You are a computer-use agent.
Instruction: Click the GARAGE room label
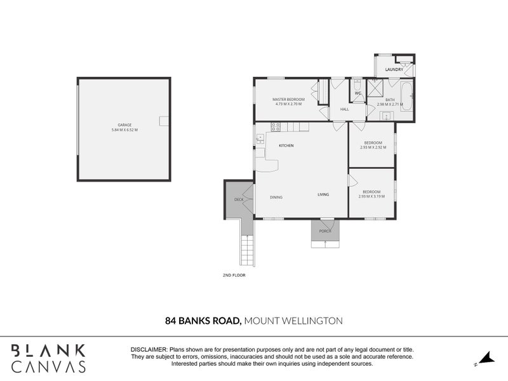pyautogui.click(x=124, y=125)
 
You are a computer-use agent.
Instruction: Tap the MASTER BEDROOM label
pyautogui.click(x=288, y=100)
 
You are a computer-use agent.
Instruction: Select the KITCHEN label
pyautogui.click(x=286, y=146)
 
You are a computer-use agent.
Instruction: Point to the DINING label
pyautogui.click(x=276, y=197)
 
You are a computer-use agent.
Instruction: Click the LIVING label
pyautogui.click(x=323, y=194)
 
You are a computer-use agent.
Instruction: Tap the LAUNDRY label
pyautogui.click(x=394, y=69)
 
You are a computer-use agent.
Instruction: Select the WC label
pyautogui.click(x=358, y=93)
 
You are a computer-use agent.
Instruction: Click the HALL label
pyautogui.click(x=345, y=109)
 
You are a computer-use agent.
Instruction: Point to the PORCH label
pyautogui.click(x=325, y=231)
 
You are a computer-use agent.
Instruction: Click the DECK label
pyautogui.click(x=239, y=199)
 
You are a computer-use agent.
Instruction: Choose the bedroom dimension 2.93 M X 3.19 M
pyautogui.click(x=371, y=196)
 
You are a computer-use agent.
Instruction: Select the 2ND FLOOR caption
pyautogui.click(x=234, y=276)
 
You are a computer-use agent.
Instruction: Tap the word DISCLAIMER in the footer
pyautogui.click(x=149, y=350)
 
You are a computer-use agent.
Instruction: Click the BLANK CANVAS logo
pyautogui.click(x=48, y=358)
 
